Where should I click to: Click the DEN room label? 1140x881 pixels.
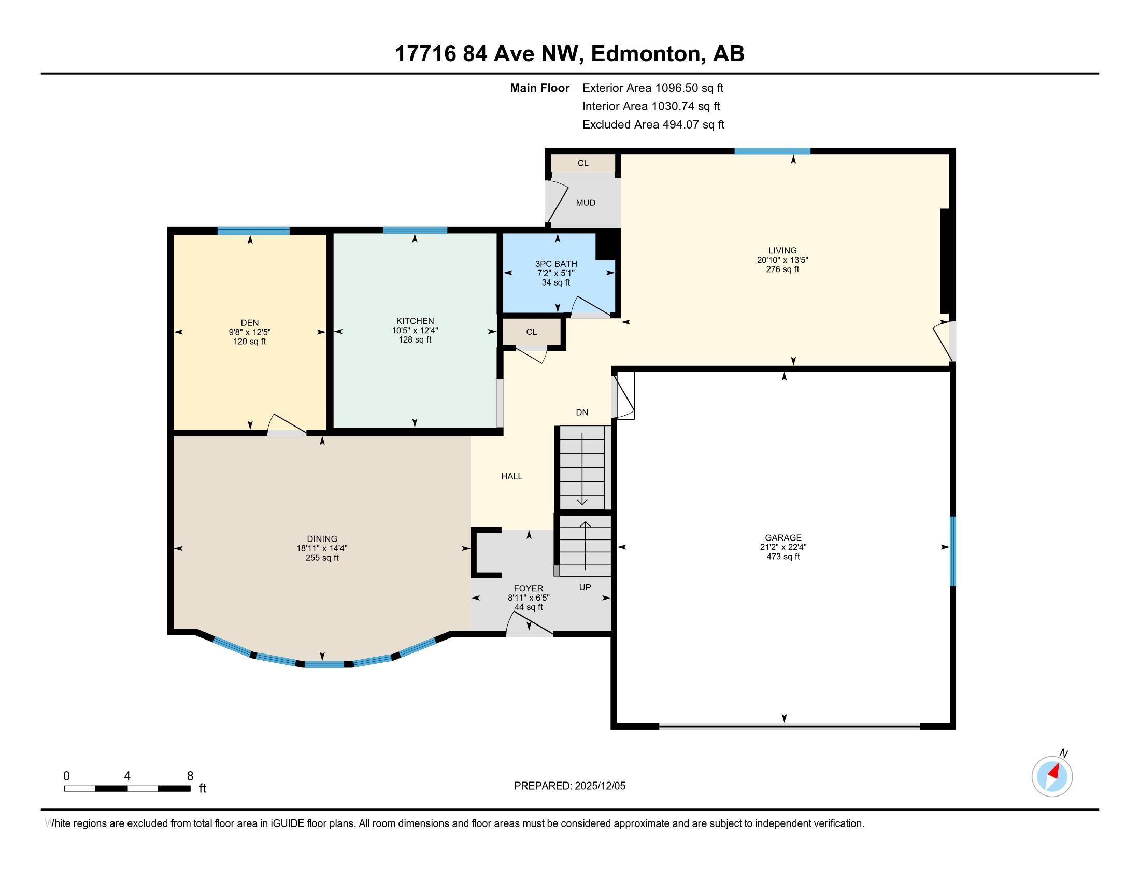point(250,322)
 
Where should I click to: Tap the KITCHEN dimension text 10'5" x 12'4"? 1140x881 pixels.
point(415,331)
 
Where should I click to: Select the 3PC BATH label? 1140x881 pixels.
point(556,264)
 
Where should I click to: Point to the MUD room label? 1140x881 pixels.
point(585,203)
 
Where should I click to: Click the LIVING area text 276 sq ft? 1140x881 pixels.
point(782,269)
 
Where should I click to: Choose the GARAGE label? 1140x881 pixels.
point(783,537)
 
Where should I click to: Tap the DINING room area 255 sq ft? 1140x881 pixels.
point(322,558)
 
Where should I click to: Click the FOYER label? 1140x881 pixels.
point(528,588)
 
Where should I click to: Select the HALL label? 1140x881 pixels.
point(511,476)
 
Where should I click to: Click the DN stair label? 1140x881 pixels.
point(581,413)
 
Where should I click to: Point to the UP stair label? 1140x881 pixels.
point(585,587)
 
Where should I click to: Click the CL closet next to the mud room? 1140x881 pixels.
point(583,163)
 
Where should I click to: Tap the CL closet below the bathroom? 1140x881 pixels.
point(531,332)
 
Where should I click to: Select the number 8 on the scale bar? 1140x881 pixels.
point(190,776)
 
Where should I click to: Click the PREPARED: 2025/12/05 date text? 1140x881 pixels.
point(569,786)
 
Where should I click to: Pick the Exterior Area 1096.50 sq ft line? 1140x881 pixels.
point(652,88)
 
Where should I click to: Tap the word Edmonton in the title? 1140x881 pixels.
point(645,54)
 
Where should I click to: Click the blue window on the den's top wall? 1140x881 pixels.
point(253,231)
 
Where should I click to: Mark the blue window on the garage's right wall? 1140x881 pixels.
point(952,551)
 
